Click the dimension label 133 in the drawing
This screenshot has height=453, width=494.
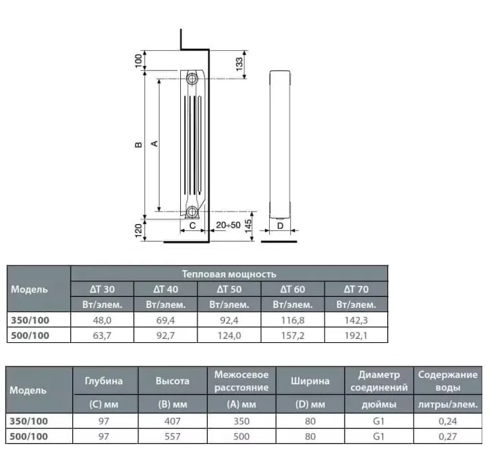pyautogui.click(x=239, y=64)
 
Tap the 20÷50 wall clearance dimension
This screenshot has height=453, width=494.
pyautogui.click(x=228, y=225)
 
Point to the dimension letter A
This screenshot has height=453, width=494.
pyautogui.click(x=155, y=144)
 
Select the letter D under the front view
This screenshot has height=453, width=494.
pyautogui.click(x=280, y=225)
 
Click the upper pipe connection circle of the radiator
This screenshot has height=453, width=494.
pyautogui.click(x=191, y=78)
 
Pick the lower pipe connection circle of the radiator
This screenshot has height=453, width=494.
pyautogui.click(x=191, y=212)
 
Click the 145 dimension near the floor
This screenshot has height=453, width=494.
pyautogui.click(x=248, y=226)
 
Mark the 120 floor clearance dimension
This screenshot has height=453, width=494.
pyautogui.click(x=138, y=231)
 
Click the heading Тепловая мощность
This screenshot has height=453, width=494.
pyautogui.click(x=229, y=274)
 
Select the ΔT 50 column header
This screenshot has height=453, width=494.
pyautogui.click(x=229, y=289)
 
